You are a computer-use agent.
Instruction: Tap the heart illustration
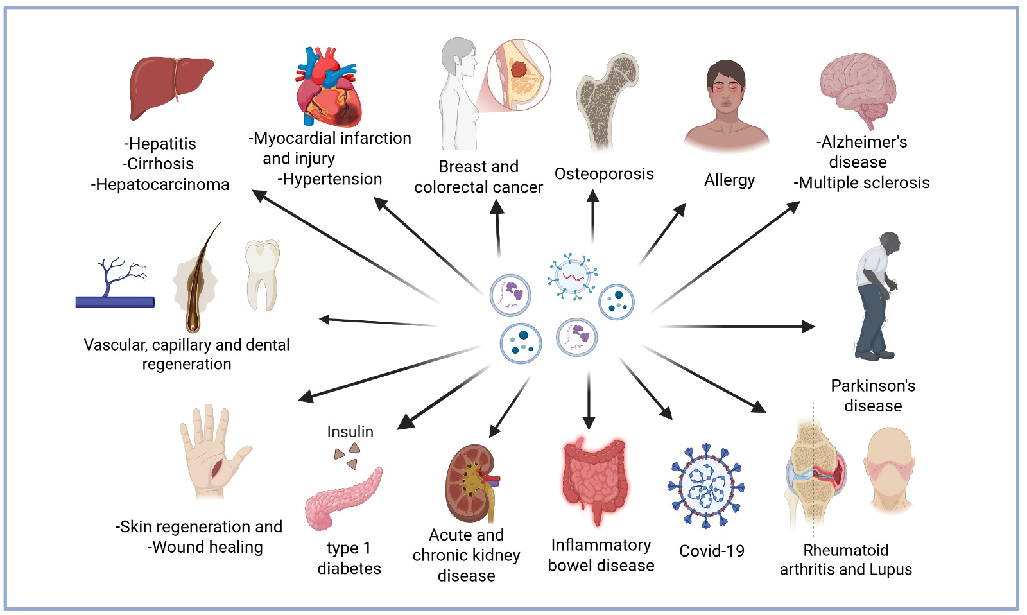point(328,87)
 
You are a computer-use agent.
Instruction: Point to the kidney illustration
point(472,484)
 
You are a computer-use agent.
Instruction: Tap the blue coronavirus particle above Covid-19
point(706,486)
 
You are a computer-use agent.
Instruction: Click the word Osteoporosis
point(604,174)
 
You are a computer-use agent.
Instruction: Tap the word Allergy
point(729,180)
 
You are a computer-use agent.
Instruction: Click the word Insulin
point(350,431)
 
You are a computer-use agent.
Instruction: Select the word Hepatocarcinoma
point(160,184)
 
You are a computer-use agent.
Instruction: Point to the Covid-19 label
point(712,551)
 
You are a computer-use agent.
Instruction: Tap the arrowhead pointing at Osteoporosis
point(593,196)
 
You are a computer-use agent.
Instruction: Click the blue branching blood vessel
point(116,284)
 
